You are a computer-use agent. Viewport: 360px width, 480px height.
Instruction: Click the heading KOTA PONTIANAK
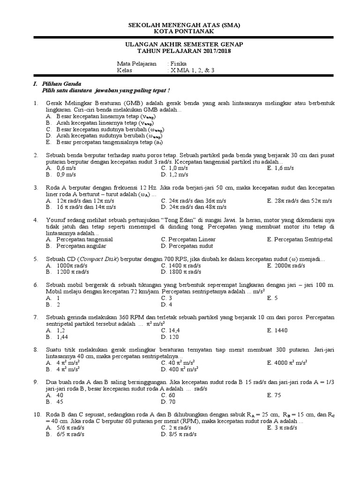(x=180, y=31)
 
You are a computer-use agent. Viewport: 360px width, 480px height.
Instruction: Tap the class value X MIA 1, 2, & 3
(x=193, y=70)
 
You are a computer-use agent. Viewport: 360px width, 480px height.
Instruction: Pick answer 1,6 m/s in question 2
(x=285, y=167)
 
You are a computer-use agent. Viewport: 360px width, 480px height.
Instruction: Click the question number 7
(x=35, y=317)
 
